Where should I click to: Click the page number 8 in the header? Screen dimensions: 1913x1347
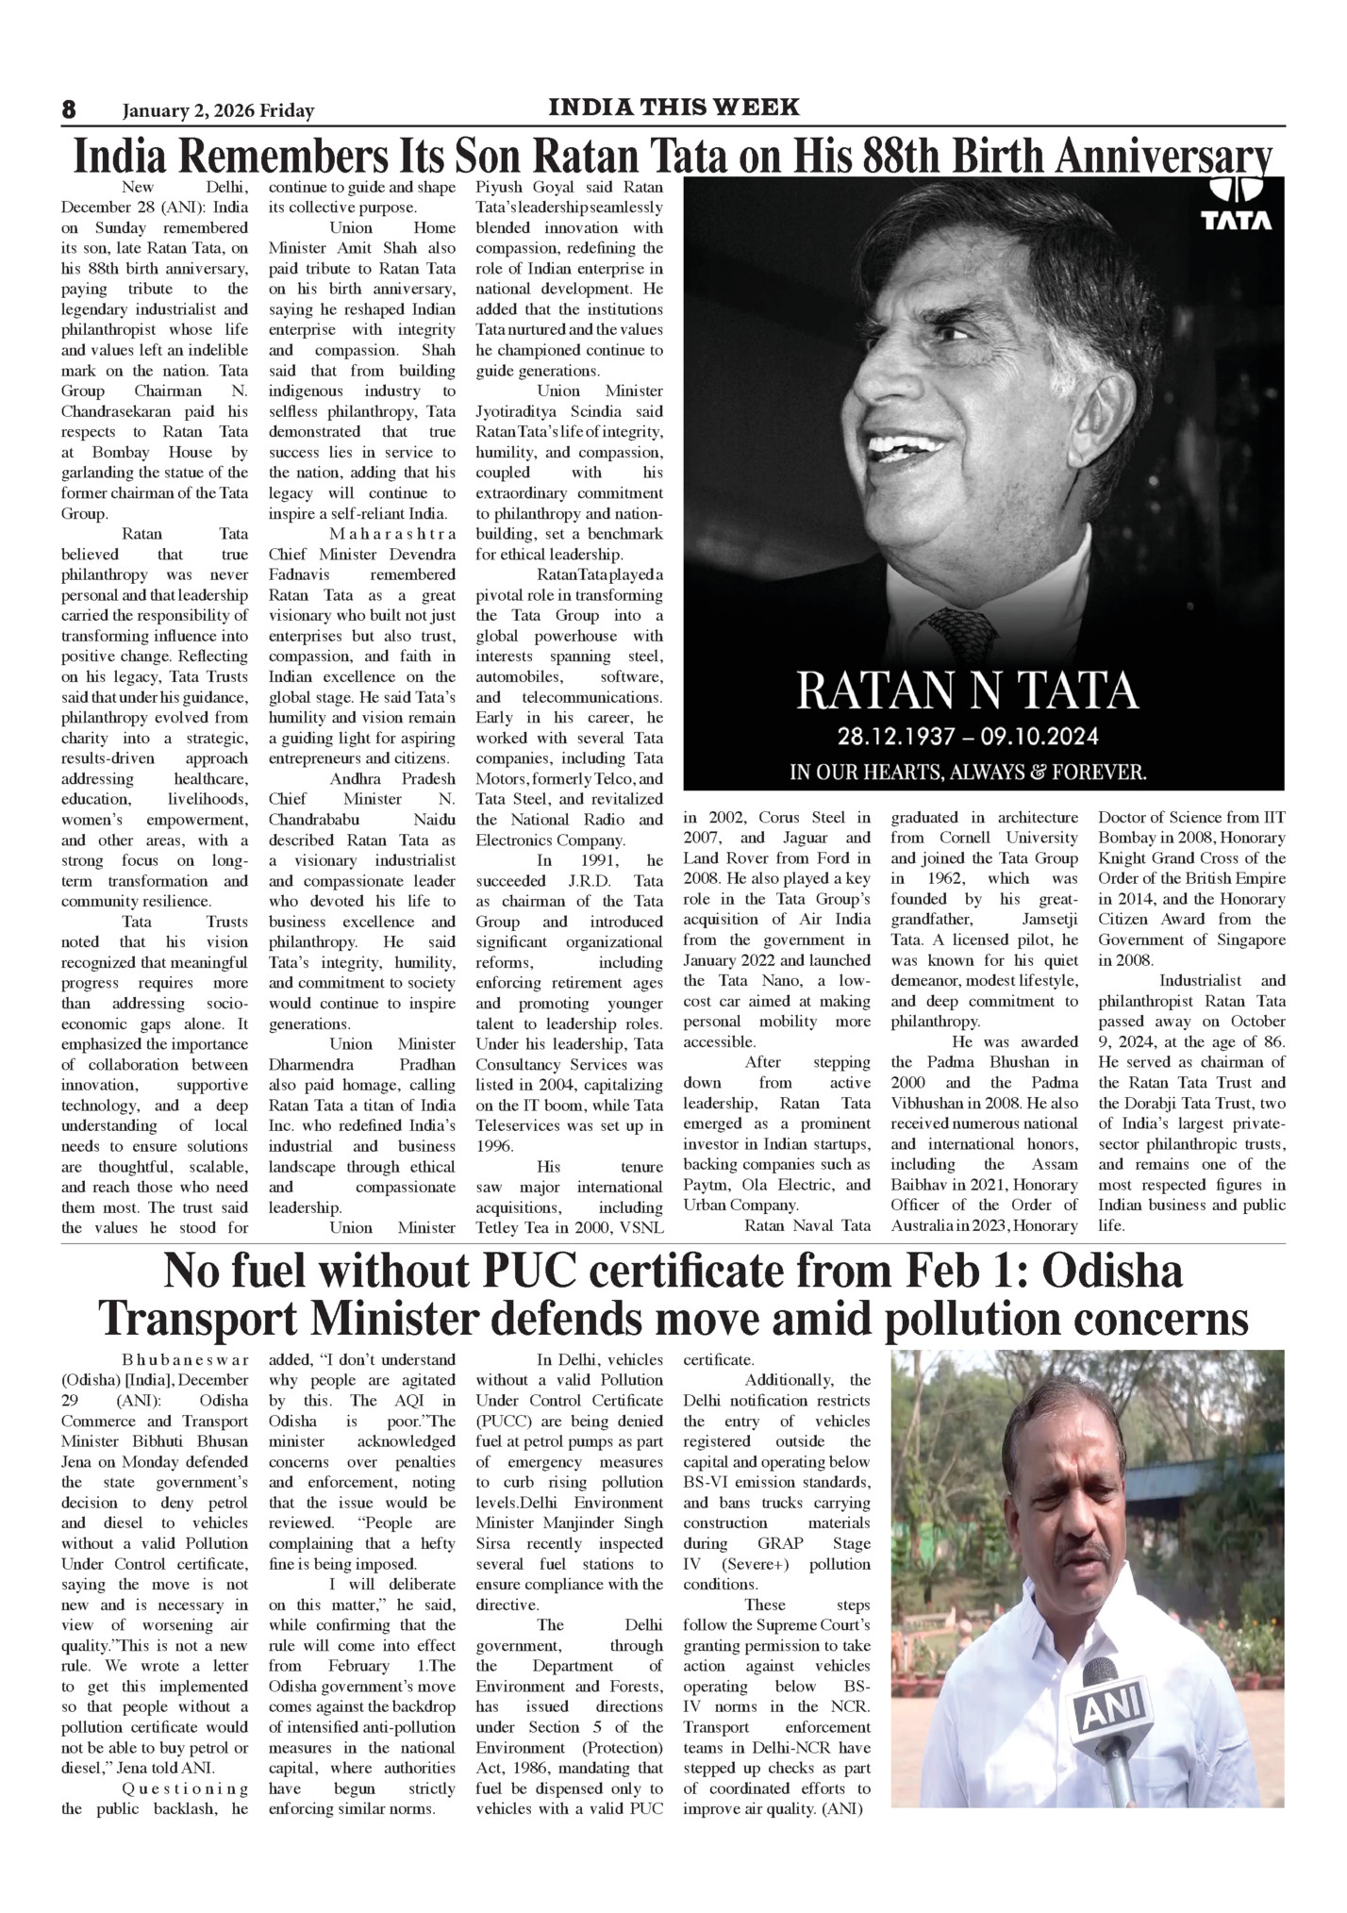[x=68, y=110]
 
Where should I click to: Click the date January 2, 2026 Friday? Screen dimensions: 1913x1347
[x=218, y=111]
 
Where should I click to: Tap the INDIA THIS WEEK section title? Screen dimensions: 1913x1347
[x=673, y=108]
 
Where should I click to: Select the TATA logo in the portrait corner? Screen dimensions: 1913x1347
[x=1236, y=203]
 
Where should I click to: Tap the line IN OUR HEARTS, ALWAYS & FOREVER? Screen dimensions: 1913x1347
[x=968, y=773]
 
